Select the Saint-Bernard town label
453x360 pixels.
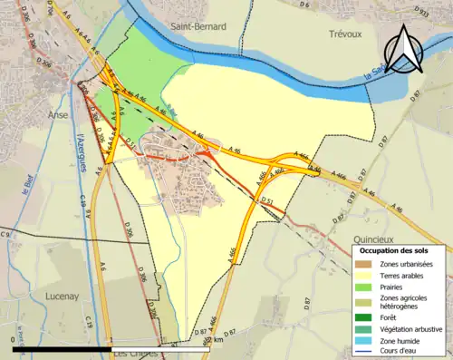click(198, 27)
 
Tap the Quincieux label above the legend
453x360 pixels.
click(377, 229)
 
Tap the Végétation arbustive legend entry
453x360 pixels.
click(413, 329)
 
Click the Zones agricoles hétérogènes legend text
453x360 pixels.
click(404, 303)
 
